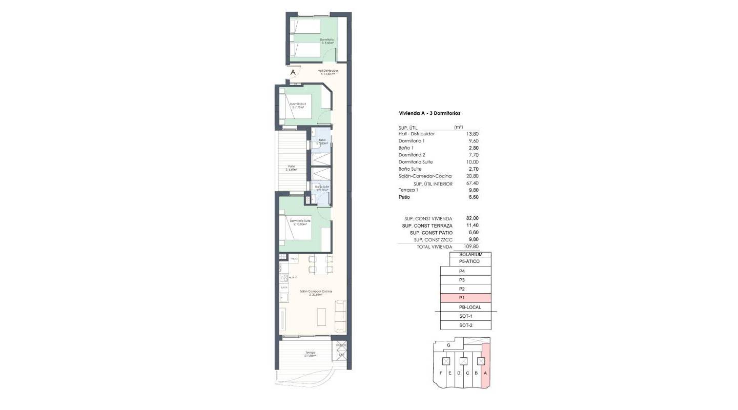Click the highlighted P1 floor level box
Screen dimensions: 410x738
pyautogui.click(x=465, y=298)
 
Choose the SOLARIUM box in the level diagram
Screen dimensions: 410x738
pyautogui.click(x=470, y=254)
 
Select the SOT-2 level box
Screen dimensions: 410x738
pyautogui.click(x=465, y=325)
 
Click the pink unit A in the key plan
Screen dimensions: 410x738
pyautogui.click(x=485, y=366)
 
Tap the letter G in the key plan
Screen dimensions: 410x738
pyautogui.click(x=448, y=346)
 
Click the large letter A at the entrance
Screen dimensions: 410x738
pyautogui.click(x=293, y=73)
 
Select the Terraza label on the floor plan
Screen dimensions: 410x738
pyautogui.click(x=311, y=353)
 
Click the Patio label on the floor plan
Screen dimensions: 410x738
pyautogui.click(x=292, y=167)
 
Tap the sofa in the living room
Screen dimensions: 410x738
pyautogui.click(x=340, y=316)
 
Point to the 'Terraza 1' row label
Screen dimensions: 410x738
pyautogui.click(x=408, y=190)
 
